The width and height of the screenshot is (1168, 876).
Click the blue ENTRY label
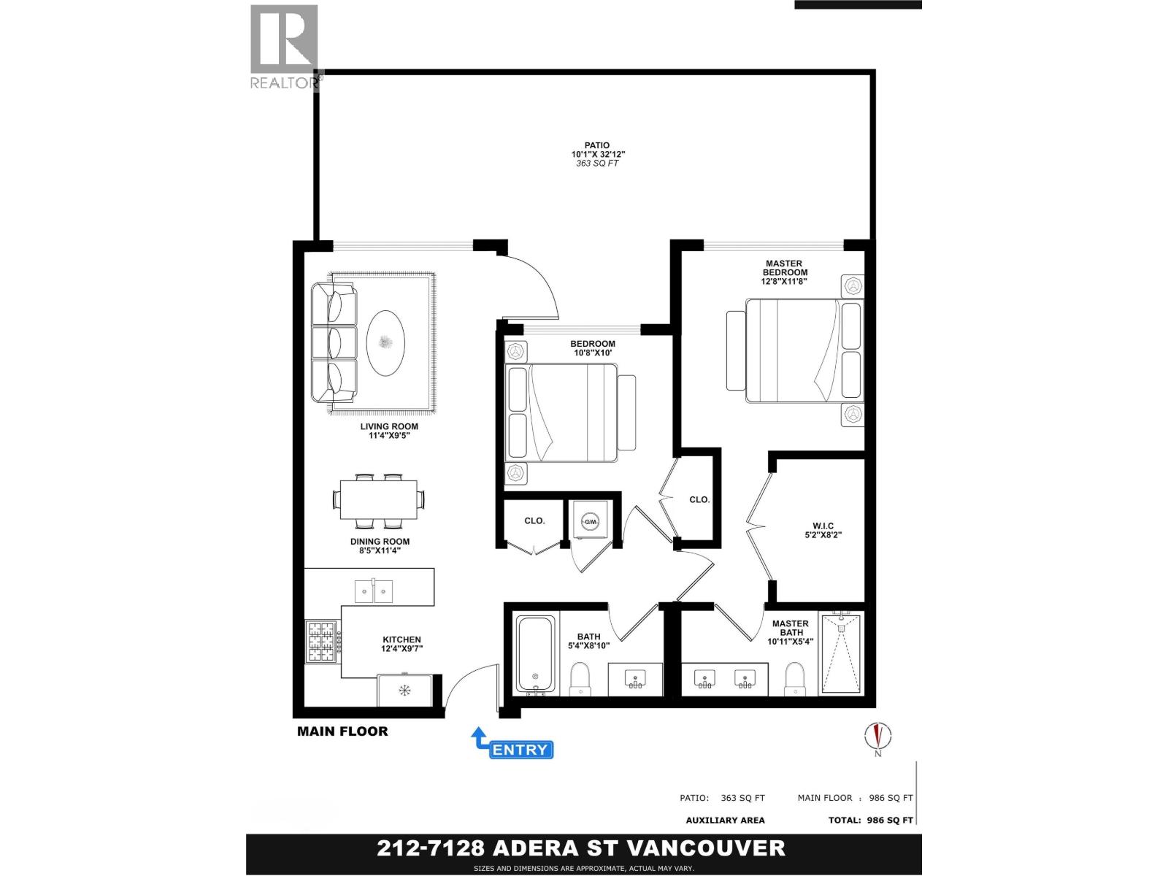tap(520, 750)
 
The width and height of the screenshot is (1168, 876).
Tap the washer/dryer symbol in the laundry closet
tap(589, 521)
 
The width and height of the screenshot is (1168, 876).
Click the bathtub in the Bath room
tap(536, 654)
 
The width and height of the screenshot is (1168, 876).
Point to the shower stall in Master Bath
tap(841, 654)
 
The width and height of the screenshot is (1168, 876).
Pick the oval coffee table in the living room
tap(385, 343)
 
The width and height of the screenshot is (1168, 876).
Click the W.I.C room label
tap(823, 526)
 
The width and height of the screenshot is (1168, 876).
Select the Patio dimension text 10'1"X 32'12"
tap(598, 155)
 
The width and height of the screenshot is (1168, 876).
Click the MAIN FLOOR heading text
tap(342, 731)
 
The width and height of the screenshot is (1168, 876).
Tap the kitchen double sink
tap(373, 591)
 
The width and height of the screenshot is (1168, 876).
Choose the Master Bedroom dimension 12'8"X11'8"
tap(785, 281)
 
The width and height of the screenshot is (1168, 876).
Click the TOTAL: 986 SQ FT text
tap(870, 820)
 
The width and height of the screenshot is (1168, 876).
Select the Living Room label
tap(389, 426)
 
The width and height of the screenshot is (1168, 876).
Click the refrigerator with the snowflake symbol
tap(404, 690)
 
